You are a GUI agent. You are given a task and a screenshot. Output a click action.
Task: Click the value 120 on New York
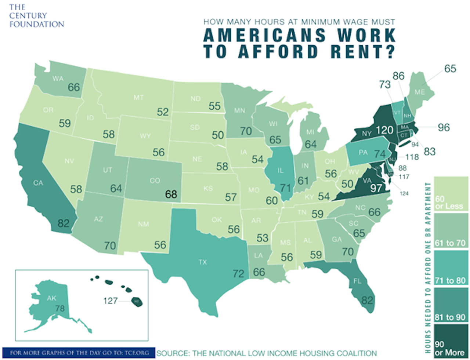[x=384, y=130]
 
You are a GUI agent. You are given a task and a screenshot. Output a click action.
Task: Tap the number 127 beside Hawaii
[x=111, y=301]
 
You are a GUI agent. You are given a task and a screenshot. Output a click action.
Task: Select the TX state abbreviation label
[x=203, y=262]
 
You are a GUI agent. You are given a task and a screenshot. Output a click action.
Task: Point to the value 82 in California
[x=64, y=223]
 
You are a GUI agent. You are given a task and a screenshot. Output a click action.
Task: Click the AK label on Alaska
[x=51, y=298]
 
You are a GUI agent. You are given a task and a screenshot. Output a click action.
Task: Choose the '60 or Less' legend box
[x=451, y=193]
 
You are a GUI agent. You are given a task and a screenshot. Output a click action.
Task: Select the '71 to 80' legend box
[x=451, y=268]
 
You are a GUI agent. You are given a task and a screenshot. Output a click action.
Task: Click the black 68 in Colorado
[x=171, y=194]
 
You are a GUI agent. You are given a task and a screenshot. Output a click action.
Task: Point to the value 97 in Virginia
[x=376, y=188]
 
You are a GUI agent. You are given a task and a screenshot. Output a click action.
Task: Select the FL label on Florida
[x=357, y=281]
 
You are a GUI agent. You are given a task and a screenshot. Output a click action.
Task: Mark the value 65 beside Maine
[x=450, y=69]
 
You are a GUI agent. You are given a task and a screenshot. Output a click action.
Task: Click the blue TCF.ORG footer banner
[x=79, y=353]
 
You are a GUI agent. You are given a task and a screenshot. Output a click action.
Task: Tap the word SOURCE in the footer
[x=173, y=353]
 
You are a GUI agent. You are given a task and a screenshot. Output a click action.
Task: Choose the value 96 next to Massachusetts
[x=444, y=127]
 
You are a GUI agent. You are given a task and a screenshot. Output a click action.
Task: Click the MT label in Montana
[x=138, y=97]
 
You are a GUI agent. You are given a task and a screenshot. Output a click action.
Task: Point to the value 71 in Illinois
[x=285, y=188]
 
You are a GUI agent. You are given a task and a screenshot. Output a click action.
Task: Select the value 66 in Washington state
[x=74, y=87]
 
